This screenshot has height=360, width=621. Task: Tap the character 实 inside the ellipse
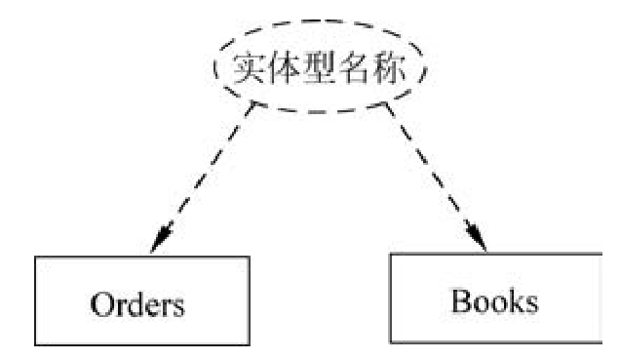coord(250,69)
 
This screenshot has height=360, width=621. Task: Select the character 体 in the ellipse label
coord(285,69)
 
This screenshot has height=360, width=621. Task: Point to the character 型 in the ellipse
coord(321,69)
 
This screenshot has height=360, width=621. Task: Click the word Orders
coord(136,301)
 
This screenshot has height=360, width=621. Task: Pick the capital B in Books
coord(460,300)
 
